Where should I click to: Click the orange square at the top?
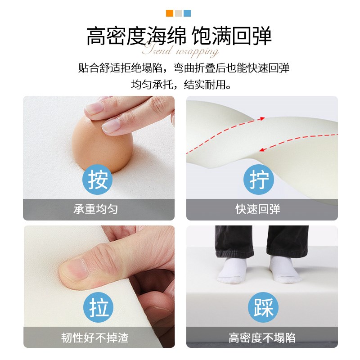(170, 13)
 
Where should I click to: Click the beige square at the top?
(179, 13)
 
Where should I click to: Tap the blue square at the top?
(187, 13)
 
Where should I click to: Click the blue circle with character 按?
(98, 180)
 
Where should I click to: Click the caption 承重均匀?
(98, 209)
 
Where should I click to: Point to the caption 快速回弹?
(262, 209)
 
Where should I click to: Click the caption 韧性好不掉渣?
(98, 338)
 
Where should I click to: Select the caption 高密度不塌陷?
(262, 338)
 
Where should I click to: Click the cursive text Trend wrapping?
(180, 50)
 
